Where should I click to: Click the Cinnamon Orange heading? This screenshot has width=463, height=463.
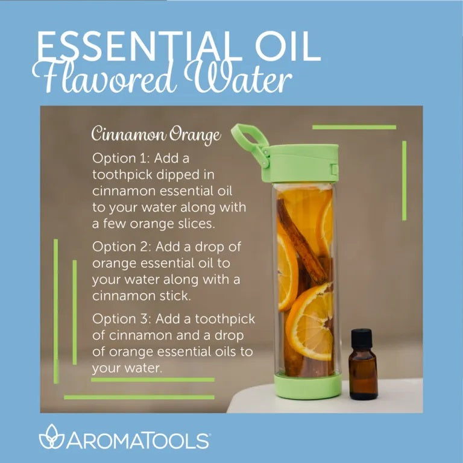(156, 135)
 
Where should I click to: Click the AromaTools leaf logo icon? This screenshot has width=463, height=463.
(52, 436)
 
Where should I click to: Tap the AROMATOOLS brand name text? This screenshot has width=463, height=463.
(138, 441)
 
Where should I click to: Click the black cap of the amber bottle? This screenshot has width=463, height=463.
(361, 338)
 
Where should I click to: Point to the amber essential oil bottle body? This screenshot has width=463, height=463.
(363, 374)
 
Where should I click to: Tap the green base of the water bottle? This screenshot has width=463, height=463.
(308, 386)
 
